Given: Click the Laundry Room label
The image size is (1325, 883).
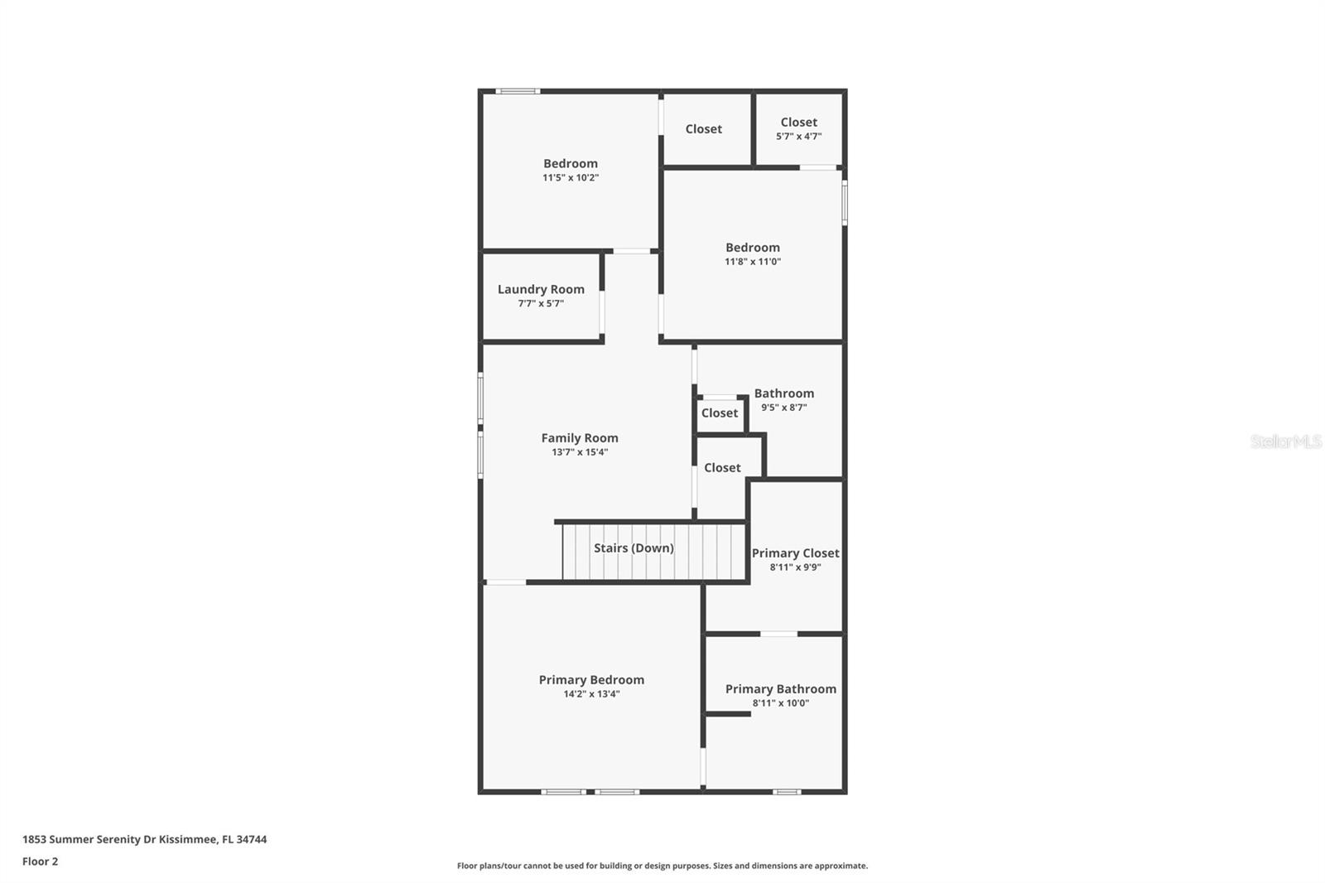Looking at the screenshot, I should click(541, 289).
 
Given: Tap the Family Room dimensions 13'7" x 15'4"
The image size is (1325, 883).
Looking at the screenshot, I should click(580, 452).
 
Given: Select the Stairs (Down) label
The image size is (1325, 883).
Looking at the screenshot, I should click(634, 548).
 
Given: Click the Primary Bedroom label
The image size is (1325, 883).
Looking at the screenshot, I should click(591, 679).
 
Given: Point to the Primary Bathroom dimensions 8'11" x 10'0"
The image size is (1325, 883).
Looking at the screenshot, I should click(780, 703).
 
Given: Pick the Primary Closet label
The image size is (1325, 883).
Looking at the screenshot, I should click(795, 552).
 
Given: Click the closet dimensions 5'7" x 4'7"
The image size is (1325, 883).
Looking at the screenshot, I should click(798, 137).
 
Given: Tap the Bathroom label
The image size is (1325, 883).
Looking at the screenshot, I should click(783, 393).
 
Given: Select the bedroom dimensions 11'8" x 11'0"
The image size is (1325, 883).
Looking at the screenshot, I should click(752, 262).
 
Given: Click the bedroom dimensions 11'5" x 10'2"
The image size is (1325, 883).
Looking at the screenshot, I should click(571, 178).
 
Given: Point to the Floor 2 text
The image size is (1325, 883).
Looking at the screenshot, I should click(40, 861).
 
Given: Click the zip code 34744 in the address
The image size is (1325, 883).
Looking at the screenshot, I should click(252, 839).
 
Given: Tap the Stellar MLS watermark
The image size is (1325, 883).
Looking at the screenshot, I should click(1285, 441).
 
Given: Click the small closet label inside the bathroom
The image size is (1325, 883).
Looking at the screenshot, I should click(719, 413).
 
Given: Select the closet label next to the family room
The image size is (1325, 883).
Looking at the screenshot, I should click(722, 467).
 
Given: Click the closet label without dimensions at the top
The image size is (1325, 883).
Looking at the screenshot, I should click(703, 128).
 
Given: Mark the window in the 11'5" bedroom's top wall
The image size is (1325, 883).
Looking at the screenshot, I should click(518, 91).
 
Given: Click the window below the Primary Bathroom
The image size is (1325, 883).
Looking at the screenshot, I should click(787, 792).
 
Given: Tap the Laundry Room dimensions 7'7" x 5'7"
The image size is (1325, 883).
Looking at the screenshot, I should click(541, 304).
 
